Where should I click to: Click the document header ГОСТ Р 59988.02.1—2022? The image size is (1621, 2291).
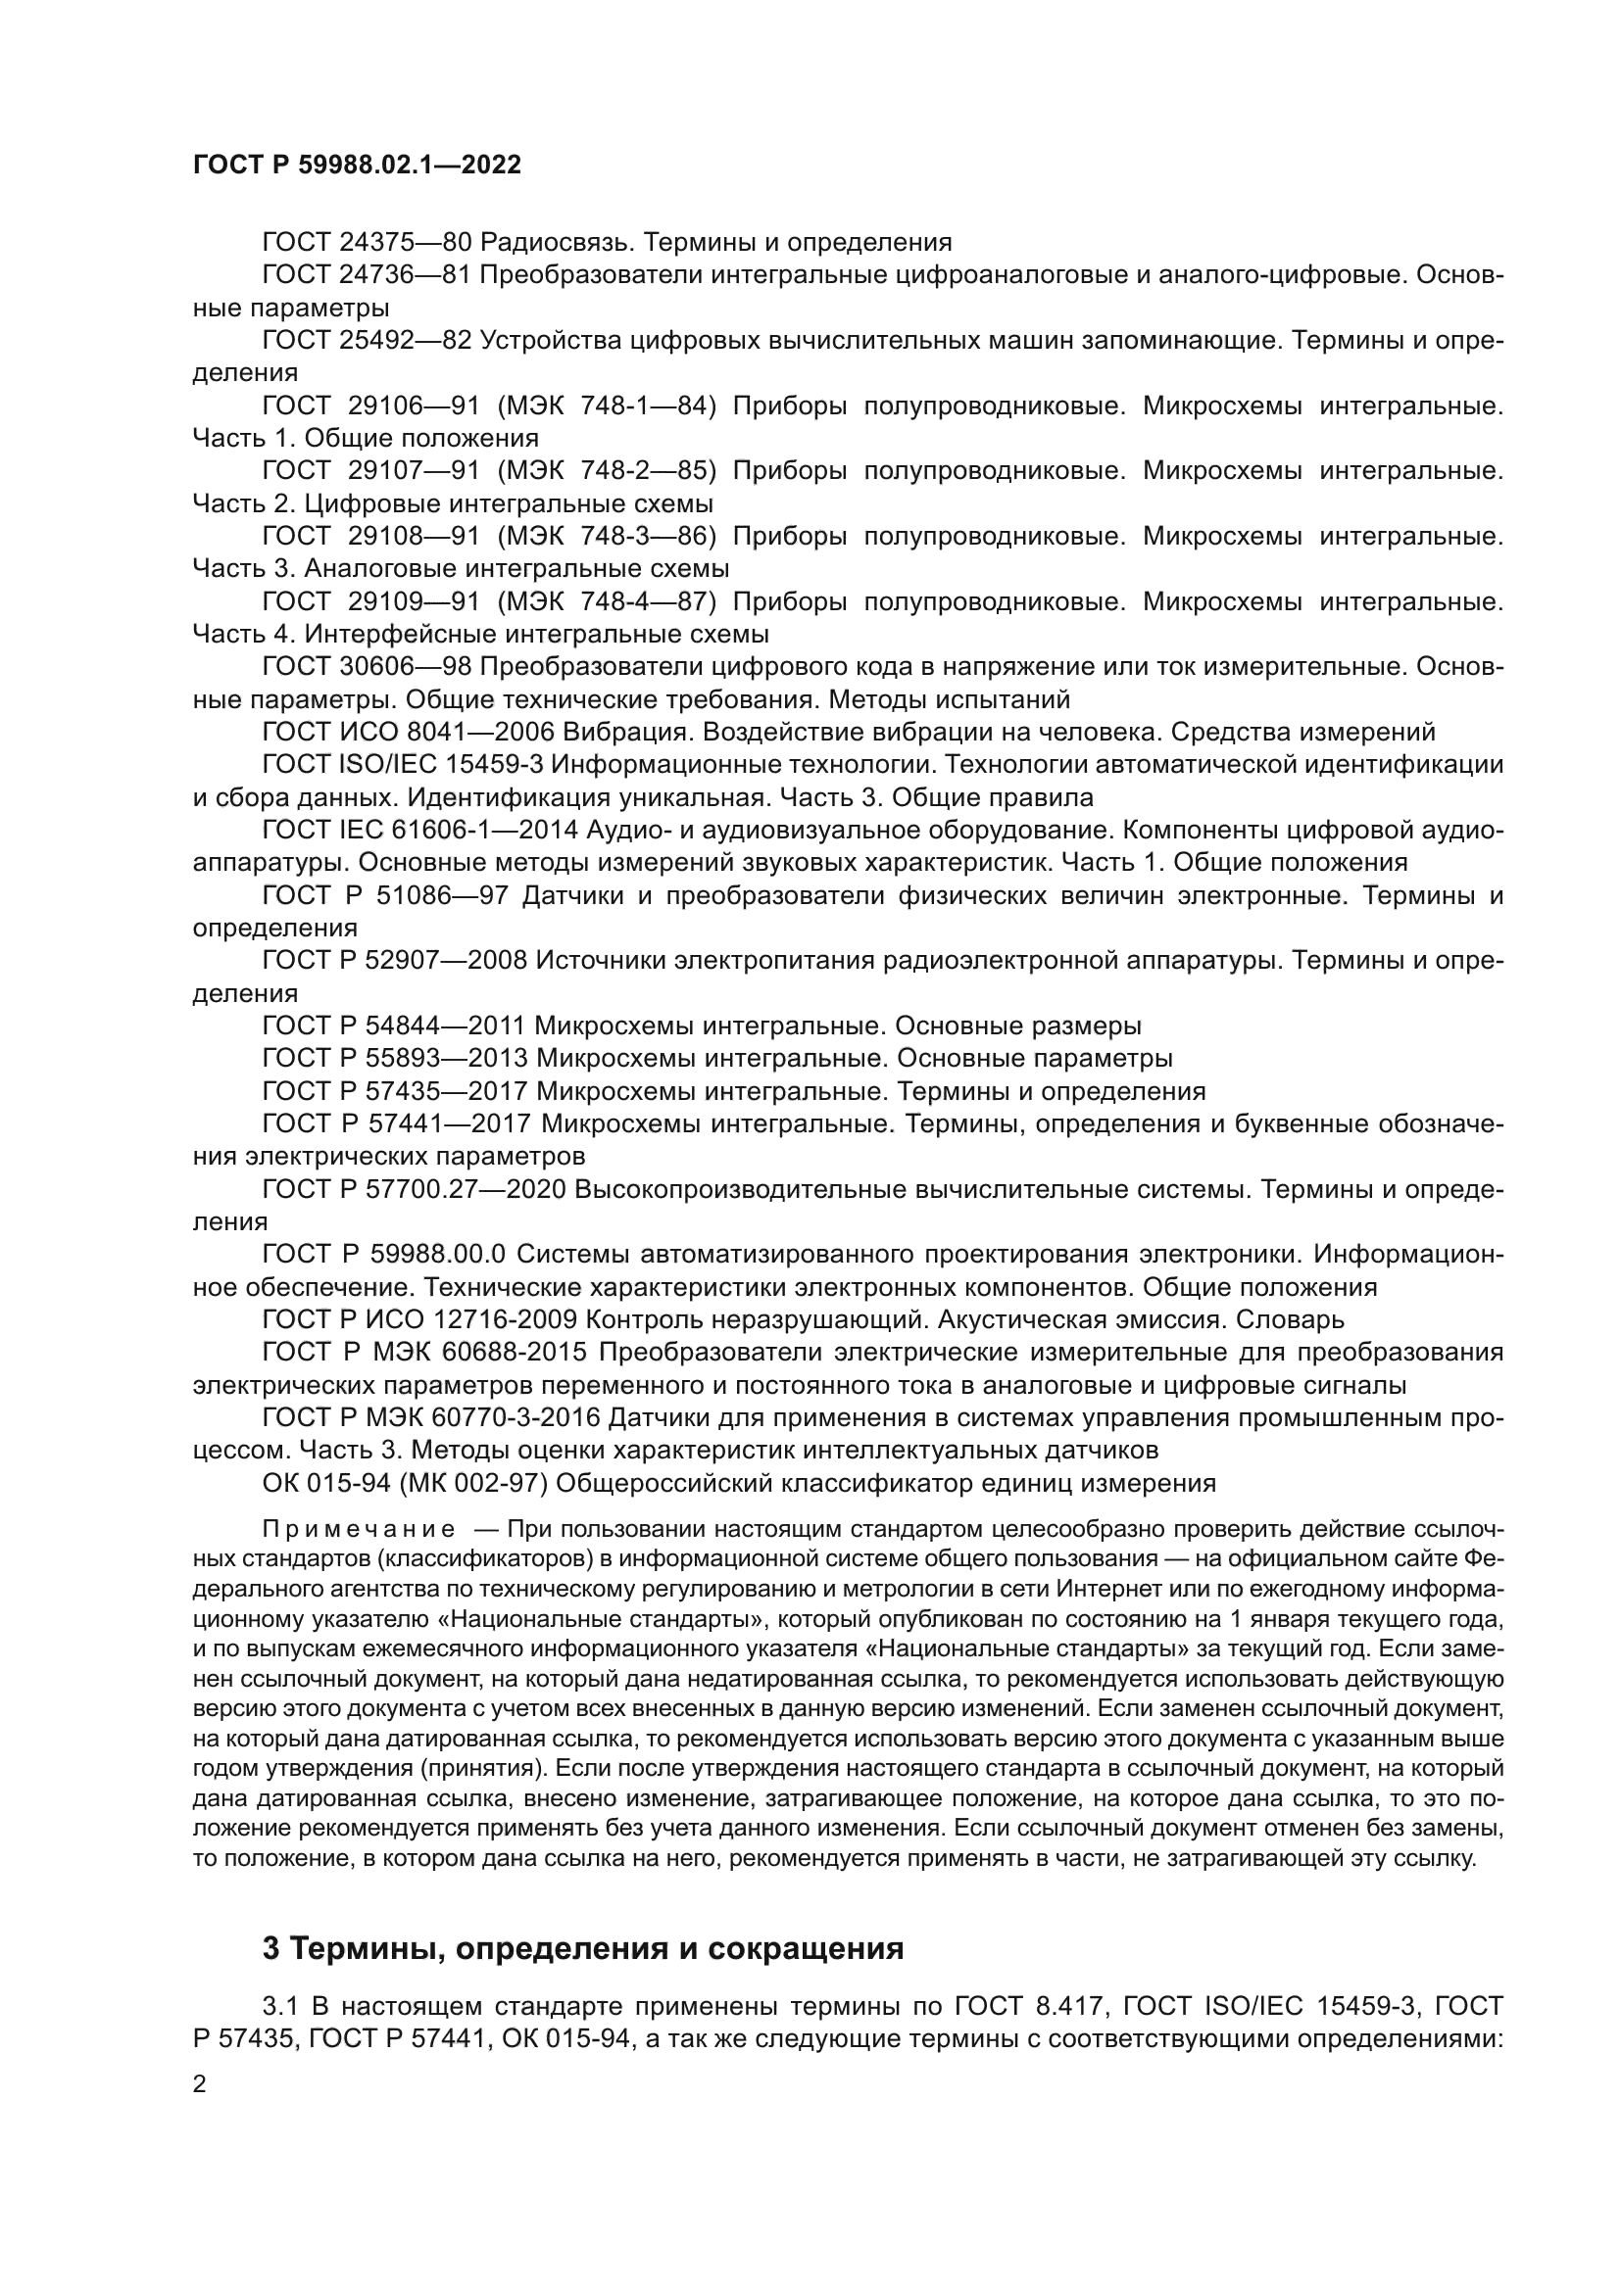click(357, 166)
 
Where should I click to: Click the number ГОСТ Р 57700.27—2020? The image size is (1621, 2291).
click(415, 1189)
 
